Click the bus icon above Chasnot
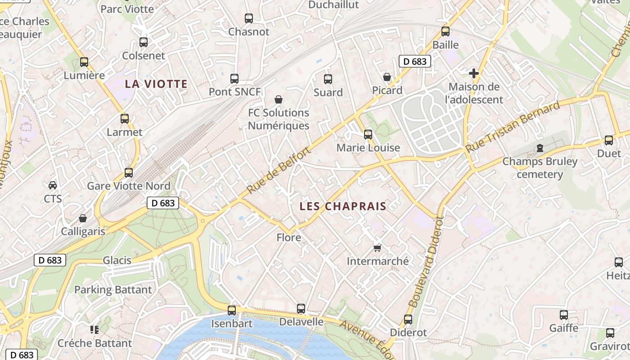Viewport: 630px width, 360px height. click(x=249, y=18)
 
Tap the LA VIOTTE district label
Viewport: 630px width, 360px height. click(x=156, y=84)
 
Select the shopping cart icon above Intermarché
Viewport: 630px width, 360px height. click(x=378, y=248)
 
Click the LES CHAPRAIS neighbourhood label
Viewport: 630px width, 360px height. click(x=343, y=206)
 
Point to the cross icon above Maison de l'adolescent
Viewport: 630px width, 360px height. click(x=473, y=73)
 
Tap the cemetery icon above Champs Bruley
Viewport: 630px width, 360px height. click(x=540, y=148)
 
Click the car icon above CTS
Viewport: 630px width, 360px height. click(x=53, y=185)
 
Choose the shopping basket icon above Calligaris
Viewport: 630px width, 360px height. click(x=83, y=218)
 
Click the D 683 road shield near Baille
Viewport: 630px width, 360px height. click(x=415, y=61)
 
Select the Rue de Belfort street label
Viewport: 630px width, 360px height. click(x=279, y=170)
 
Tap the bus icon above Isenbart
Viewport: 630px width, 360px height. click(x=232, y=310)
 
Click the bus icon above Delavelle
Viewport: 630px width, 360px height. click(x=301, y=309)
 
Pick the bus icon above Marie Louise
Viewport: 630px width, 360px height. click(x=368, y=134)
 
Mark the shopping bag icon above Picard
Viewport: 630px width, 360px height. click(x=387, y=77)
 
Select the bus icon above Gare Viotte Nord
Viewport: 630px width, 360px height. click(x=129, y=172)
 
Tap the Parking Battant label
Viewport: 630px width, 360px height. click(x=113, y=289)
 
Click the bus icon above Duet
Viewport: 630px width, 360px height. click(x=609, y=140)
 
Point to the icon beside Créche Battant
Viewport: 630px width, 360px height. click(x=94, y=330)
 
